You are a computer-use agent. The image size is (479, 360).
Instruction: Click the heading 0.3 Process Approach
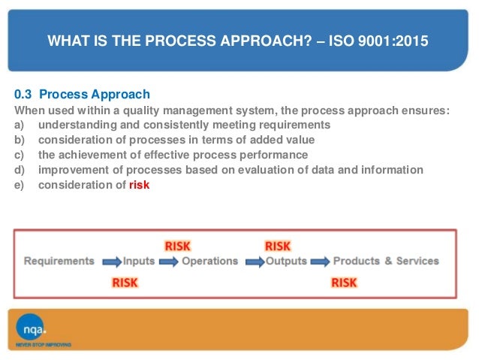pos(83,95)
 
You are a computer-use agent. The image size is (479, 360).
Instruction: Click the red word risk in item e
pos(139,185)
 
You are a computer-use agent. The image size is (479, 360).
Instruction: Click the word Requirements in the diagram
pos(59,262)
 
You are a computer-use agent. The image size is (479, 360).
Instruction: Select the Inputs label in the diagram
pos(140,262)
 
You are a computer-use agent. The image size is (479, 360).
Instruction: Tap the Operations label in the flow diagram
pos(209,262)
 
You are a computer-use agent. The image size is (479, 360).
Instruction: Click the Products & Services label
pos(386,262)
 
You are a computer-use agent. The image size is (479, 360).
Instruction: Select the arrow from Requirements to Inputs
pos(110,262)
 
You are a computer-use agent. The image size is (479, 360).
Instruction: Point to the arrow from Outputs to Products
pos(319,262)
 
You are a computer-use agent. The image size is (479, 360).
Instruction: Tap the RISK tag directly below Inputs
pos(125,283)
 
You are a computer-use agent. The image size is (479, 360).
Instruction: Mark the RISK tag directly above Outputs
pos(278,246)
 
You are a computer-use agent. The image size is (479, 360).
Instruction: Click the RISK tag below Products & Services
pos(344,283)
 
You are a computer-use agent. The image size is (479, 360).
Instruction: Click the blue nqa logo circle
pos(32,327)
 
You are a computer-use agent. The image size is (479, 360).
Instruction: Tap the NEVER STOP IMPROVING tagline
pos(44,345)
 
